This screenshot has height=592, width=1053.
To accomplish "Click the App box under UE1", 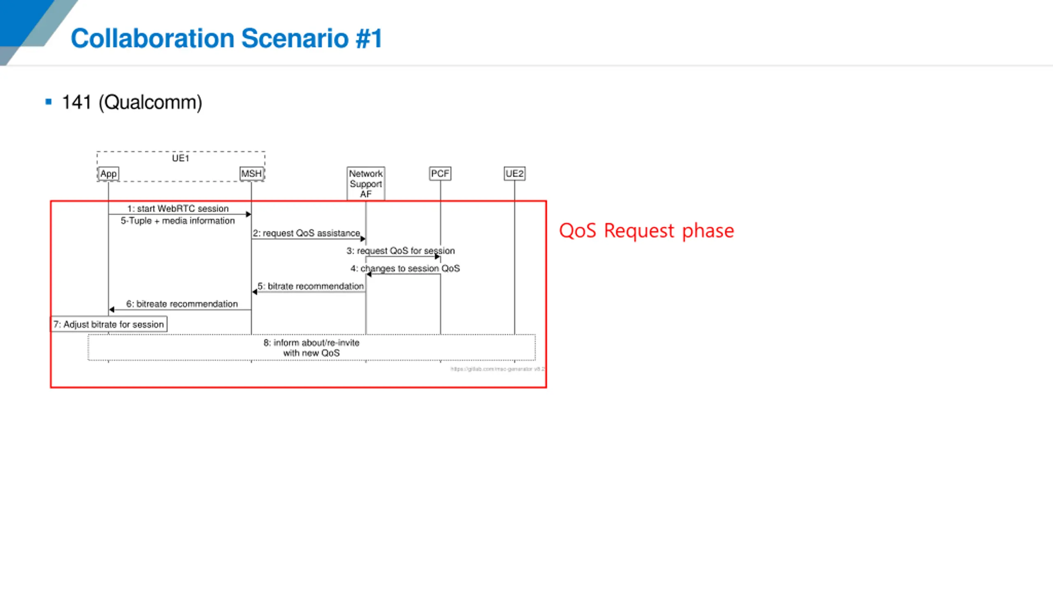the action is coord(109,173).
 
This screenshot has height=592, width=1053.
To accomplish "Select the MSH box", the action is coord(251,173).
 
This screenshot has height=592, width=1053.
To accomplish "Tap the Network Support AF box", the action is coord(366,183).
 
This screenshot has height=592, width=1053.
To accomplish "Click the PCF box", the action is coord(440,173).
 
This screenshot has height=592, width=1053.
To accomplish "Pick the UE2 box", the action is coord(514,173).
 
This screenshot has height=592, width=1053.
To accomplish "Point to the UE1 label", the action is coord(180,158).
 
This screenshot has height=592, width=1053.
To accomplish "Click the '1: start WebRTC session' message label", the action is coord(178,208).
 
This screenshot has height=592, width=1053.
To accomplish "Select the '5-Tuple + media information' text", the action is coord(178,221).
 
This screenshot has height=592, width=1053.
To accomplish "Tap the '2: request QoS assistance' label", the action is coord(306,233).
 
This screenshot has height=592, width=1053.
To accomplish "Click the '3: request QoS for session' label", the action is coord(401,251).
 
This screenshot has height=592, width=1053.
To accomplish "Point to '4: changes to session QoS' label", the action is coord(405,268).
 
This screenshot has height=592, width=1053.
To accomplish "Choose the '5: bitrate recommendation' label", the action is coord(311,286).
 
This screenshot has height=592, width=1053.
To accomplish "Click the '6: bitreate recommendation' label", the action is coord(182,304).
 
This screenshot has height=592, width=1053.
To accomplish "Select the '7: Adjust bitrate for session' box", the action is coord(109,324).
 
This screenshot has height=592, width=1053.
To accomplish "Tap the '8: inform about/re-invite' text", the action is coord(311,343).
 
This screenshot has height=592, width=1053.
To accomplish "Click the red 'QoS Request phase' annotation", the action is coord(646,231).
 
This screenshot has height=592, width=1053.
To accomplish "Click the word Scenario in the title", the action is coord(295,38).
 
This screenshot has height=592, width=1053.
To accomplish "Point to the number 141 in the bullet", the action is coord(77,102).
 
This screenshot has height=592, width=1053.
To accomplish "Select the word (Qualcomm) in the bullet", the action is coord(151,102).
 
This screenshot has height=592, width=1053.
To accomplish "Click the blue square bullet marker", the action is coord(49,102).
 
